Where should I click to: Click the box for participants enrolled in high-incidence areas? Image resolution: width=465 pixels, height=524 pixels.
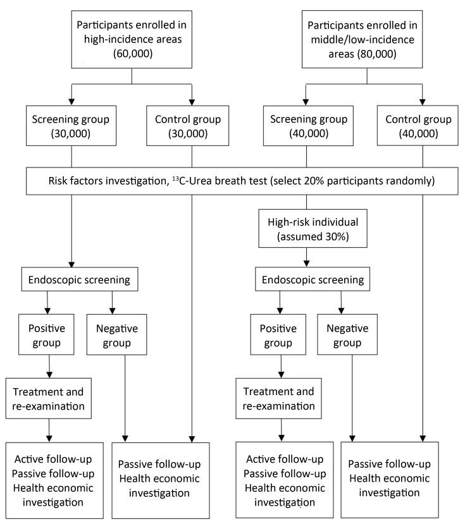[x=131, y=39]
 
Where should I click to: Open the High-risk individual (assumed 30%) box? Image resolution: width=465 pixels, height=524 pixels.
[x=307, y=228]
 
